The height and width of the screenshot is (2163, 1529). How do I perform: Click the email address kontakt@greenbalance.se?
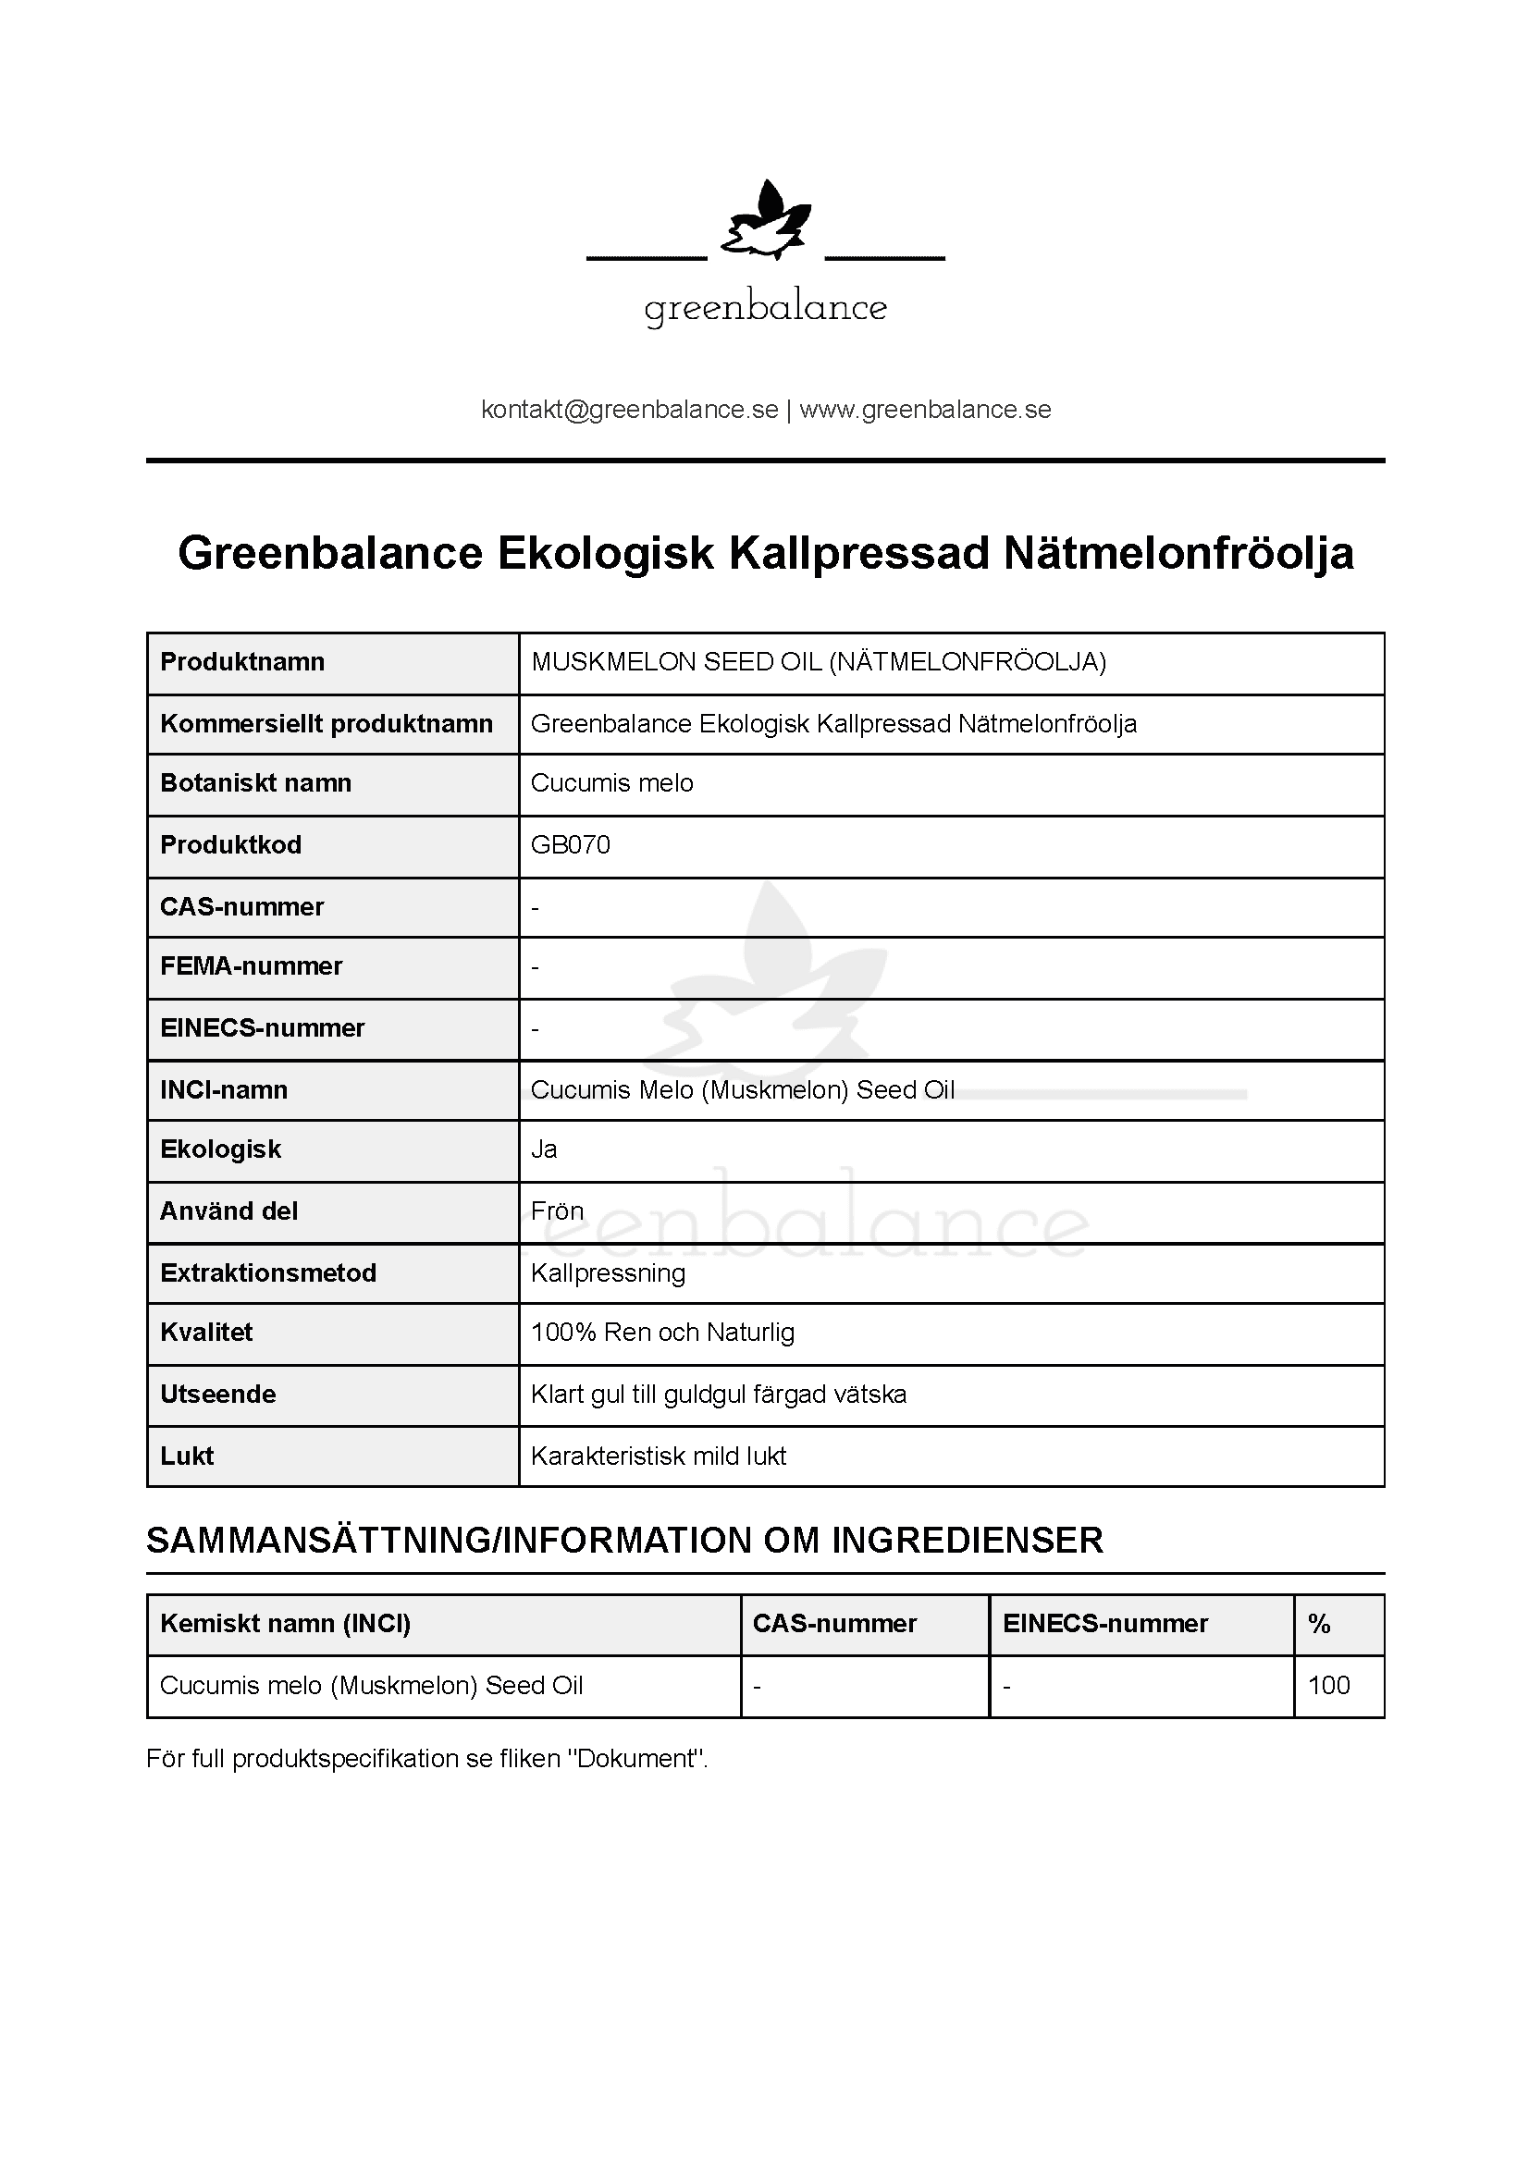(629, 410)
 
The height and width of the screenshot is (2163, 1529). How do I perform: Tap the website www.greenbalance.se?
(925, 410)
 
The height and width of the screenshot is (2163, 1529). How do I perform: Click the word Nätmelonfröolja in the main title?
(1178, 553)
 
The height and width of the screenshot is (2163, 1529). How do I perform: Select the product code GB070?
(570, 845)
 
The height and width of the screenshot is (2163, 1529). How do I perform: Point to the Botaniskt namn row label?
(255, 783)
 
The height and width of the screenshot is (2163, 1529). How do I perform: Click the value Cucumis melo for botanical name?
(611, 783)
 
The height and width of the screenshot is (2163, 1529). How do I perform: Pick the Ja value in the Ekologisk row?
(544, 1149)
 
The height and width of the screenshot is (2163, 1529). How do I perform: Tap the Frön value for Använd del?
(557, 1211)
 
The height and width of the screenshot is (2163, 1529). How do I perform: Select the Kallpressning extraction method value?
(608, 1273)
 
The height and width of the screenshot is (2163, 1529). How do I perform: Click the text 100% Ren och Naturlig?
(662, 1333)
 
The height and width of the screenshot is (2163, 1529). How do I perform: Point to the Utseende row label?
(217, 1395)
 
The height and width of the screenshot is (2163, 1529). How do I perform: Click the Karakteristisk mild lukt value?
(658, 1456)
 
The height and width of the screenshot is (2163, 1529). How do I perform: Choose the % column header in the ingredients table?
(1319, 1624)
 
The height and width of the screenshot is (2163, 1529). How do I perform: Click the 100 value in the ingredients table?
(1328, 1686)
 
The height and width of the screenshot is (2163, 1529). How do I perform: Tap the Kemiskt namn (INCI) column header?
(286, 1624)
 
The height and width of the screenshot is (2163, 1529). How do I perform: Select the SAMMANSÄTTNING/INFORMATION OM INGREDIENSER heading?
(624, 1541)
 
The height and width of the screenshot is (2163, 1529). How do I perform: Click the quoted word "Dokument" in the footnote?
(635, 1759)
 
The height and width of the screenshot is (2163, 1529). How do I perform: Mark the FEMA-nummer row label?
(251, 966)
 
